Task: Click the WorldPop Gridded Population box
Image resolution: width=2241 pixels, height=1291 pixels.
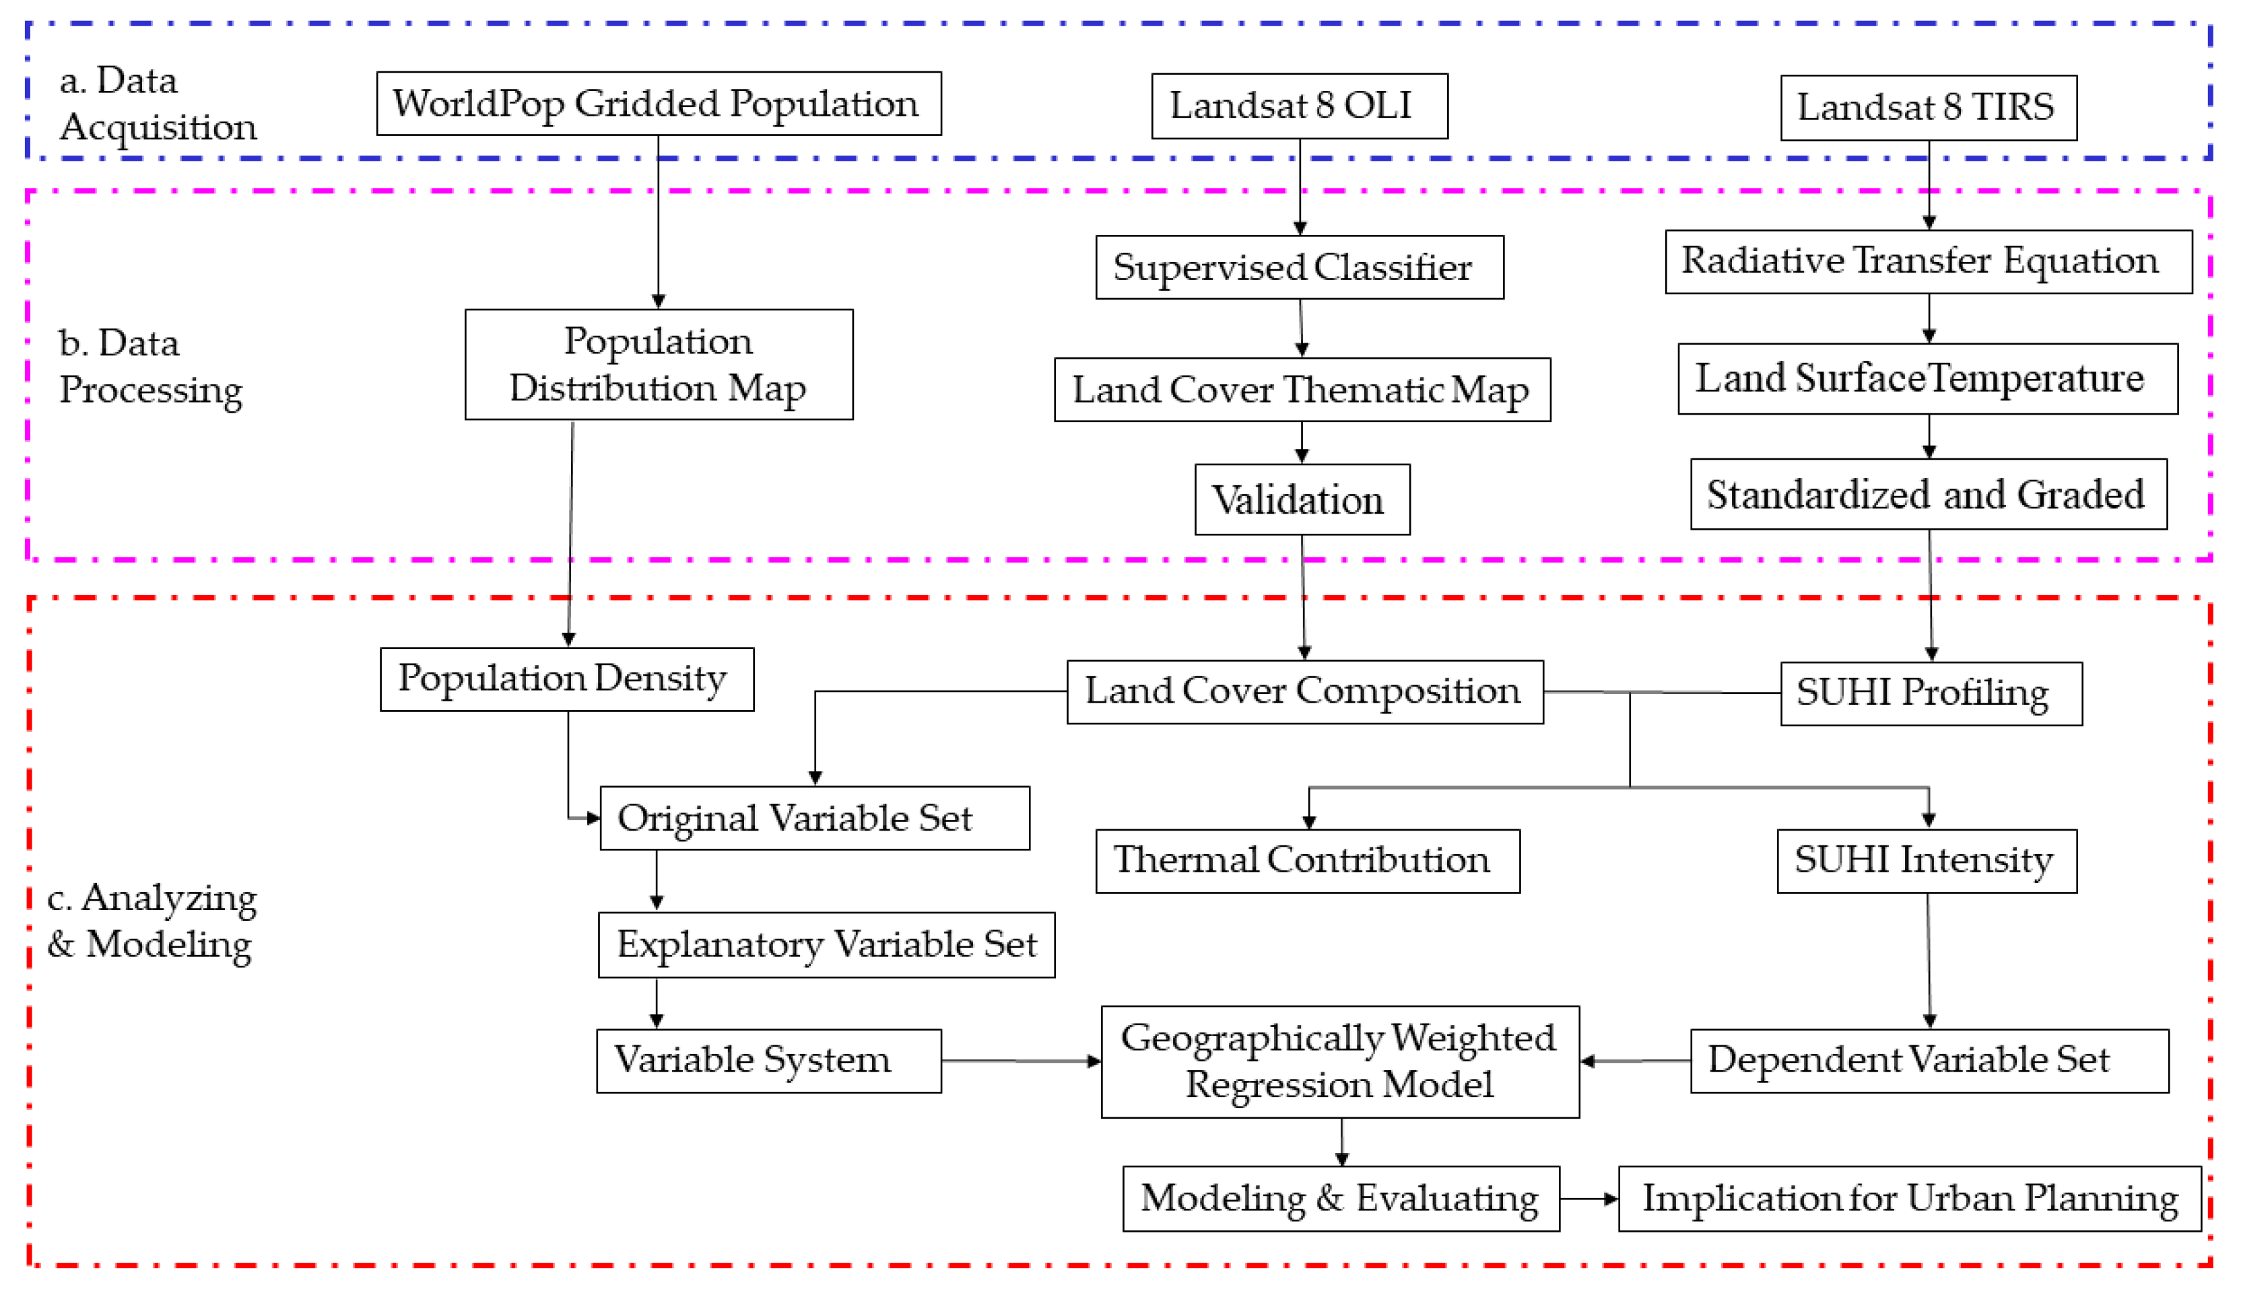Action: [658, 104]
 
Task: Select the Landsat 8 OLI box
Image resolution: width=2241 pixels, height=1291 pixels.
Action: [1298, 106]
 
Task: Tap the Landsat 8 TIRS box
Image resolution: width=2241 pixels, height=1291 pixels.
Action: [1928, 107]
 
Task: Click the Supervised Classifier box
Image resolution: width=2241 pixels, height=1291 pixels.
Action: [1298, 267]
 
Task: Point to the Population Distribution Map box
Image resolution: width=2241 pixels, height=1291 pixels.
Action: [658, 363]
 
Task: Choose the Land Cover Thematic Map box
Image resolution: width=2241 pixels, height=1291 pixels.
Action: [1301, 389]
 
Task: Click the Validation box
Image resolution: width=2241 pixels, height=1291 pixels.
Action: [1301, 499]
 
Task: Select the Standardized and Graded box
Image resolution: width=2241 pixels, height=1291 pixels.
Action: [1928, 494]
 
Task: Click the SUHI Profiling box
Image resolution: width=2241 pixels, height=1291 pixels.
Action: [1931, 693]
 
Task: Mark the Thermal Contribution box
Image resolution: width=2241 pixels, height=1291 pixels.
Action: [1306, 861]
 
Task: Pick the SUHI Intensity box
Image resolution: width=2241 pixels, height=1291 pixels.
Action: [1926, 861]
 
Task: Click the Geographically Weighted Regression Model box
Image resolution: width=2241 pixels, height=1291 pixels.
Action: [1339, 1061]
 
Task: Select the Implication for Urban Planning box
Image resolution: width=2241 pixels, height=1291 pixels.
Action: [1909, 1199]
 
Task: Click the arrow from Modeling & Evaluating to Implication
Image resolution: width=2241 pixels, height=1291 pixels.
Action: [1588, 1199]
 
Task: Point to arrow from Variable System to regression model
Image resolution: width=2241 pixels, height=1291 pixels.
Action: [1020, 1061]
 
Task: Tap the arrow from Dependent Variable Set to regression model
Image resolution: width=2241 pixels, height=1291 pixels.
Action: [1634, 1061]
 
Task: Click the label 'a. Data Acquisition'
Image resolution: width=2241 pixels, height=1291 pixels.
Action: [158, 104]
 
